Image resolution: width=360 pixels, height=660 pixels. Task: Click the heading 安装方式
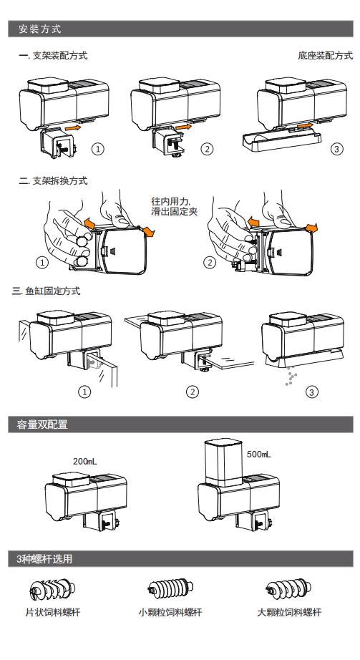tap(39, 29)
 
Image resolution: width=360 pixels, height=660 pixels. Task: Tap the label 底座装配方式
tap(325, 56)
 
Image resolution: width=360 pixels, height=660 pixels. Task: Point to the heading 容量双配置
tap(42, 424)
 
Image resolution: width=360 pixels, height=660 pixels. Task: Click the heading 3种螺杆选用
tap(44, 559)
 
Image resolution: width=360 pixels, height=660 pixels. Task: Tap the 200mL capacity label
tap(84, 461)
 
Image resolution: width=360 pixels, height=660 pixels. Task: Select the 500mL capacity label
tap(258, 454)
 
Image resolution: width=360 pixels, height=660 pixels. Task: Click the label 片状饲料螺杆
tap(53, 612)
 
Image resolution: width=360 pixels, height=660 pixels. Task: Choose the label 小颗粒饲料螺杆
tap(170, 612)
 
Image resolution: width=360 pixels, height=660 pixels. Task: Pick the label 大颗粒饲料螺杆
tap(289, 612)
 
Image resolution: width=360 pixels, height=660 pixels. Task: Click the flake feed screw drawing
tap(53, 588)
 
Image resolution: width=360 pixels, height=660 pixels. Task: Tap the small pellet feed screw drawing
tap(170, 588)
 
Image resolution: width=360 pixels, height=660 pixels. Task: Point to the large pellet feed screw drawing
tap(288, 588)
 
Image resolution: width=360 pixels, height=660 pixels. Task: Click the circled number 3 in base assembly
tap(336, 149)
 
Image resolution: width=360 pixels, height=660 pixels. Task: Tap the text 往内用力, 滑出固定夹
tap(175, 206)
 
